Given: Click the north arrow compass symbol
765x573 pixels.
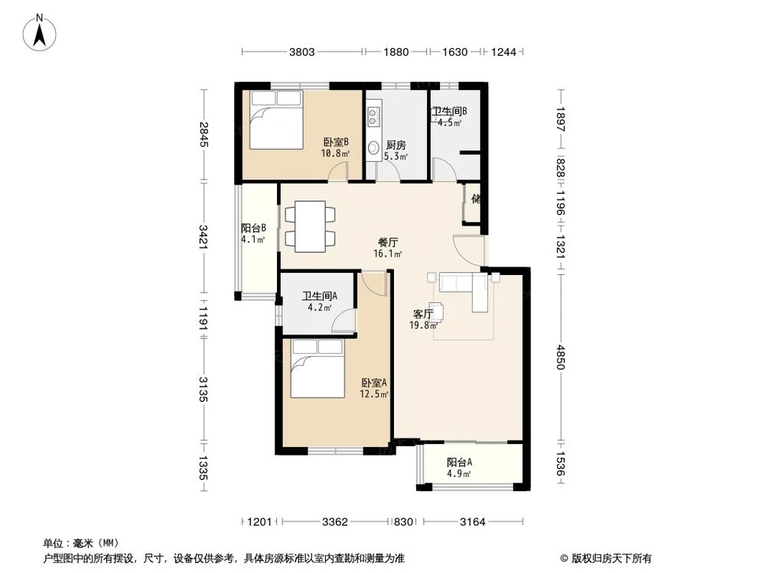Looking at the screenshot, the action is (40, 33).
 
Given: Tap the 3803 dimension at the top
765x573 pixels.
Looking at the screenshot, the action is (302, 52).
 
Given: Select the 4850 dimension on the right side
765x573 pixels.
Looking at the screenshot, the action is (561, 357).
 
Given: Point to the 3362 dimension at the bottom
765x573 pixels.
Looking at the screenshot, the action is (335, 522).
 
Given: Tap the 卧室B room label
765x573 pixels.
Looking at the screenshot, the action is (336, 142).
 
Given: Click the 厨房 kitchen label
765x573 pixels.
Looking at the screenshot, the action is (396, 144).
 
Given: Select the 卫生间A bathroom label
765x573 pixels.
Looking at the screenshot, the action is (320, 296).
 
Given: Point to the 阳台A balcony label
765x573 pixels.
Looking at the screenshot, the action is (459, 462).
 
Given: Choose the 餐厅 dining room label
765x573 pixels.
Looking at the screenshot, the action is (389, 241).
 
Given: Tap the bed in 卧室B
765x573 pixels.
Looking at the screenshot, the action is (277, 119).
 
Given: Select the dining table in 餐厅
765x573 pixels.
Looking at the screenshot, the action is (311, 227).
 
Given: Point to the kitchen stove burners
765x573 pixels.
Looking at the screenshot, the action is (373, 117).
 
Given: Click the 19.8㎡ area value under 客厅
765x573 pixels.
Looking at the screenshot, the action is (423, 325).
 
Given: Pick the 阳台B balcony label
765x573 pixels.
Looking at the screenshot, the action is (254, 228).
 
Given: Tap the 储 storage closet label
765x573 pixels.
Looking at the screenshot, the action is (477, 199).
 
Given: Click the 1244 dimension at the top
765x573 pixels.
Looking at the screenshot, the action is (503, 52).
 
